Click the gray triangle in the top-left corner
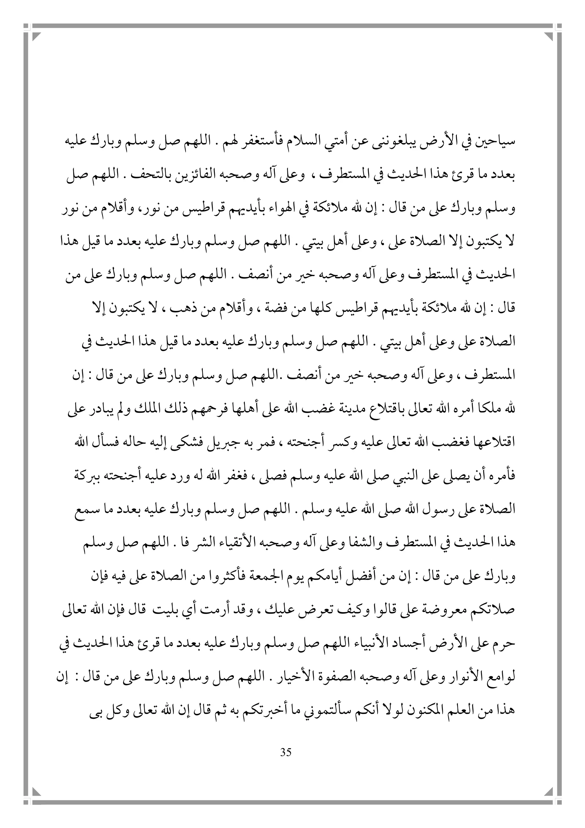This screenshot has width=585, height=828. point(37,36)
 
